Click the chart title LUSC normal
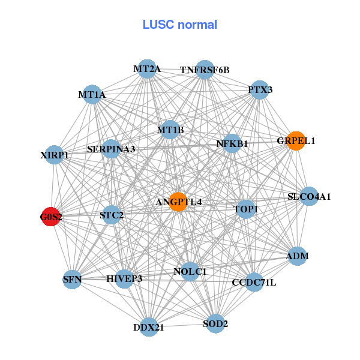tap(179, 25)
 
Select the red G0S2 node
tap(52, 217)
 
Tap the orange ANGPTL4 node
tap(178, 202)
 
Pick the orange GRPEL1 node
tap(296, 141)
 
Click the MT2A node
tap(146, 69)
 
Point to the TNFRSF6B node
tap(205, 70)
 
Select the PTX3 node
tap(259, 90)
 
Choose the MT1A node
tap(92, 95)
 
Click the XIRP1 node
tap(55, 155)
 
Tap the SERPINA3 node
tap(111, 148)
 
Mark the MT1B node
tap(170, 130)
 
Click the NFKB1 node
tap(232, 144)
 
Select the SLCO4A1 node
tap(309, 196)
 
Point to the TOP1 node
tap(245, 209)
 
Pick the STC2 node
tap(112, 214)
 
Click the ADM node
tap(298, 256)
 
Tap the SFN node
tap(72, 279)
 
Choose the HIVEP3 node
tap(124, 278)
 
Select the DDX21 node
tap(148, 327)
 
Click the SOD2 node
tap(216, 324)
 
